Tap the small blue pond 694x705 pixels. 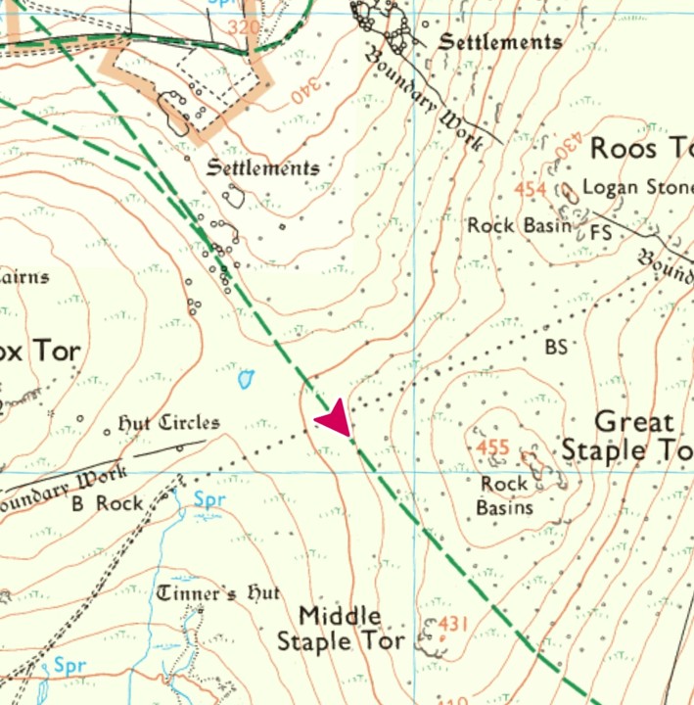(x=246, y=378)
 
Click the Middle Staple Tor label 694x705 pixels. (x=340, y=629)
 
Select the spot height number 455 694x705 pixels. (x=493, y=448)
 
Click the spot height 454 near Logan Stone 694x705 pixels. (x=537, y=189)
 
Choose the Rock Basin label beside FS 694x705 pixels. (x=519, y=225)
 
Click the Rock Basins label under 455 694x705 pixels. (x=504, y=495)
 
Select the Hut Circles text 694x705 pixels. (x=168, y=423)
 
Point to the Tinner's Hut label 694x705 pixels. (x=218, y=593)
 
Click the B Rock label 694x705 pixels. (x=107, y=504)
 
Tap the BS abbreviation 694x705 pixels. (x=556, y=346)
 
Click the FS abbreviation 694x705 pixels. (x=601, y=233)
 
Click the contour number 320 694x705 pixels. (x=244, y=26)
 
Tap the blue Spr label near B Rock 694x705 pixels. (x=209, y=501)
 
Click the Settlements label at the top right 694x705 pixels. (x=500, y=42)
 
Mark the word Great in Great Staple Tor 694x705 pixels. (x=634, y=423)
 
